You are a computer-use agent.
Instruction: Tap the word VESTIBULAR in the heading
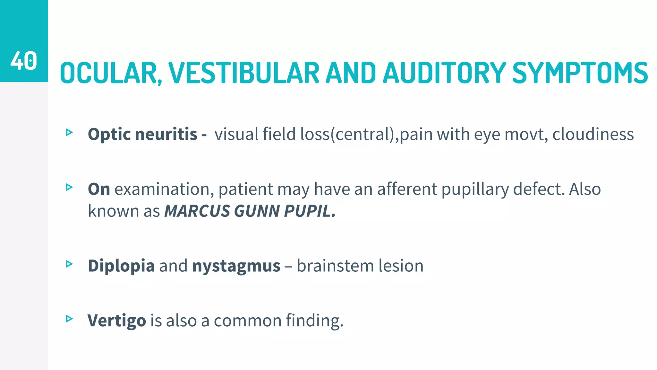click(244, 73)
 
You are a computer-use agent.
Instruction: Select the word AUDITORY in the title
click(444, 73)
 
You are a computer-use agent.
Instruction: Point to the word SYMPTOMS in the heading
click(580, 73)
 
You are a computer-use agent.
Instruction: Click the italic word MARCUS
click(197, 211)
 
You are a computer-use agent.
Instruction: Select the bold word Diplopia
click(121, 266)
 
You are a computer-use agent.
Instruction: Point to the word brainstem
click(335, 266)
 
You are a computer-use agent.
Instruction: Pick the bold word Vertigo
click(117, 321)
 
